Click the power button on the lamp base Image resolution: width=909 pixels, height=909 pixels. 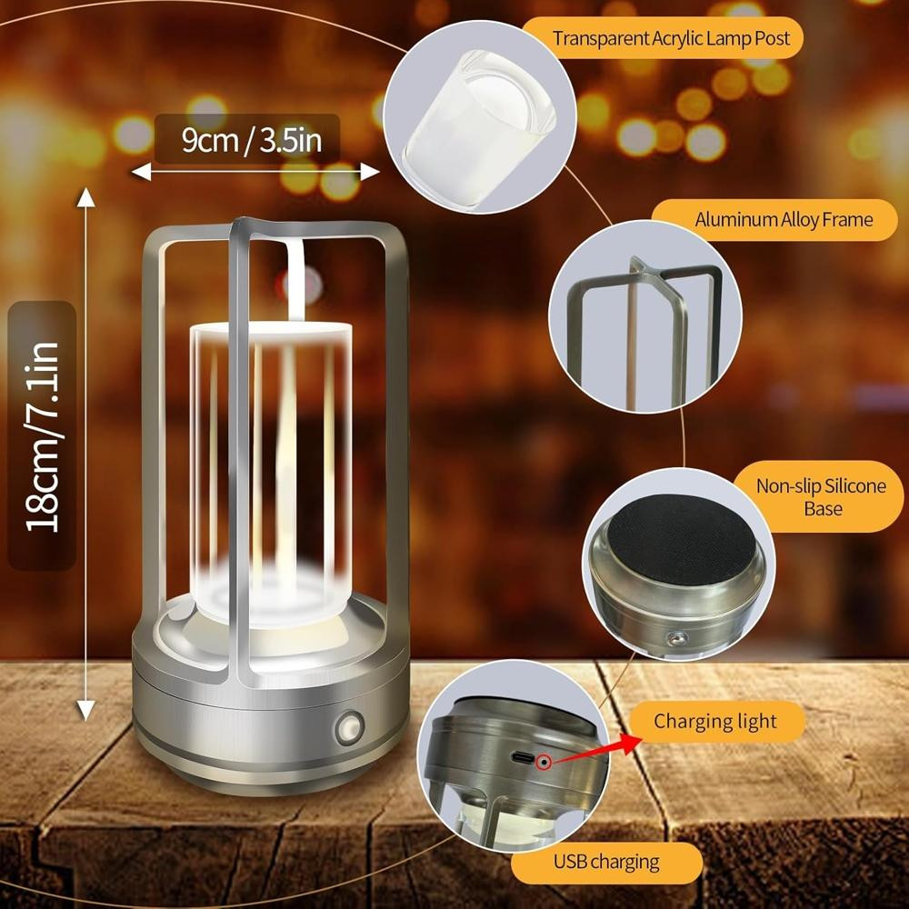(350, 727)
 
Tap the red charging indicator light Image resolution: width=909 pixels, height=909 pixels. (544, 763)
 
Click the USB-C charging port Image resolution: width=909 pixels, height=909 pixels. (522, 758)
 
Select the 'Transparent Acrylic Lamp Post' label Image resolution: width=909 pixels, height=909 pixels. (671, 38)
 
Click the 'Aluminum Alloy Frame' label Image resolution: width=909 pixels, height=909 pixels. (784, 220)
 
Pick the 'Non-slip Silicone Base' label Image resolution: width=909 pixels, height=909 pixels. (822, 497)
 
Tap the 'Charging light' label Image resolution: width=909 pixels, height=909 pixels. (714, 721)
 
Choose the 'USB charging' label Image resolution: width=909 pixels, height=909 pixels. (605, 862)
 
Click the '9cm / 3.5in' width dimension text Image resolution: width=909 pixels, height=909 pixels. (251, 140)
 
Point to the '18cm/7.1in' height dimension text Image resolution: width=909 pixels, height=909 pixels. (43, 436)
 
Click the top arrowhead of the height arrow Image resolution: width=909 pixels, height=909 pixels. (86, 197)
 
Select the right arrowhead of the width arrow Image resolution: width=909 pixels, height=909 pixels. (370, 172)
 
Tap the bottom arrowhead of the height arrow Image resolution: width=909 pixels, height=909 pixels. (86, 711)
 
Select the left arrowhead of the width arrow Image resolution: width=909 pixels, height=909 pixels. (142, 172)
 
